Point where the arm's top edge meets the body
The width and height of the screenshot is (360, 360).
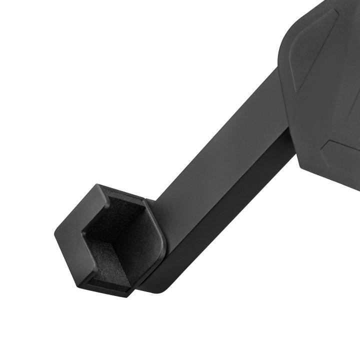coord(278,70)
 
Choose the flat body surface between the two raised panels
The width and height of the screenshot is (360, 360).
coord(325,105)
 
